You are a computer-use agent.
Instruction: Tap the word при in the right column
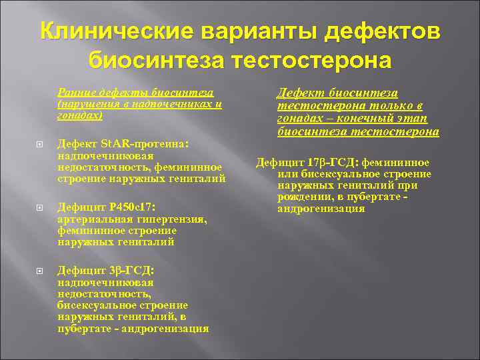[409, 186]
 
